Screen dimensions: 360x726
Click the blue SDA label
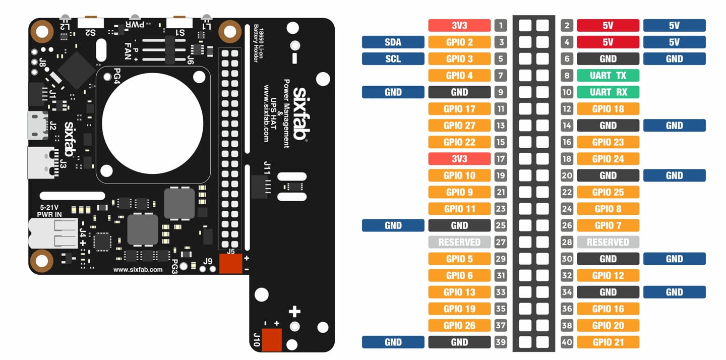[393, 42]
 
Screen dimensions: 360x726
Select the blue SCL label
[393, 59]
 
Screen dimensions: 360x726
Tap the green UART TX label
[608, 76]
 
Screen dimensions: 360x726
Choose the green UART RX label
[608, 92]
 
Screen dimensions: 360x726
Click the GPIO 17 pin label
[459, 109]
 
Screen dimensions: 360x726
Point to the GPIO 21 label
[608, 342]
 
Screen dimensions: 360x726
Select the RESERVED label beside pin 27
[459, 242]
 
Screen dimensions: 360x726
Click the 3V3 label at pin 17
[459, 159]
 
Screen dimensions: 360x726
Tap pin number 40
[567, 342]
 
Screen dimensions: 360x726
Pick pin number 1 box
[500, 26]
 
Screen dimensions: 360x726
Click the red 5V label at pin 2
[608, 26]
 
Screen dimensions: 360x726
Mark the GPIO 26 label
[459, 326]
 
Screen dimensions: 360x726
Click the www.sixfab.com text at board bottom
[138, 270]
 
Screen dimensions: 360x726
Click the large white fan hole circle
[153, 124]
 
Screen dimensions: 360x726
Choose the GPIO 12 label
[608, 276]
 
